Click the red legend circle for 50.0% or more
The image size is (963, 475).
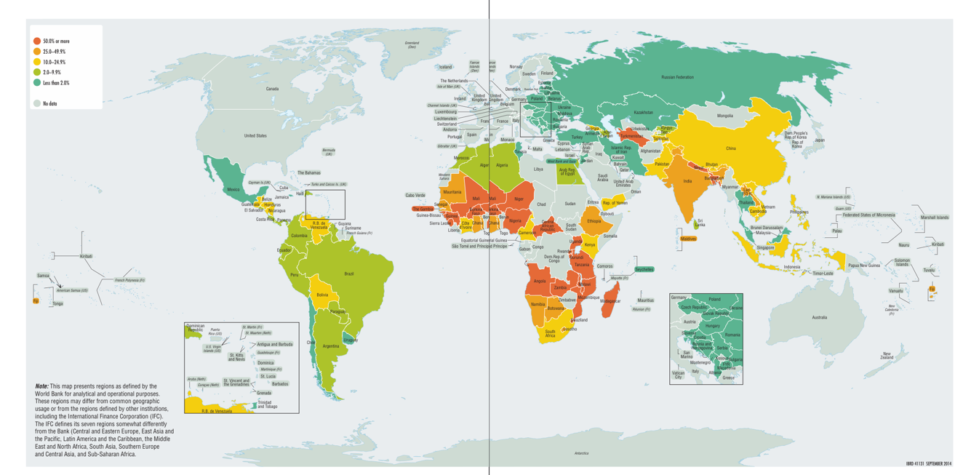(36, 41)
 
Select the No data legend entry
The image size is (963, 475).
(49, 104)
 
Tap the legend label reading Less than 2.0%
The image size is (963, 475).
(56, 83)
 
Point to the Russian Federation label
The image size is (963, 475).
(676, 77)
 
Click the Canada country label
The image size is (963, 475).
(272, 89)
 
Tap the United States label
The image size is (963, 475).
(255, 136)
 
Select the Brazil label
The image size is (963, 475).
(348, 274)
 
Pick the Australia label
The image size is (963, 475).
(819, 317)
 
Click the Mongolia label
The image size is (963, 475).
(724, 116)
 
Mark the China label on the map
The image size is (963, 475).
(730, 148)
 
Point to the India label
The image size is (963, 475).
(687, 181)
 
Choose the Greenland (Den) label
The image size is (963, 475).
(412, 45)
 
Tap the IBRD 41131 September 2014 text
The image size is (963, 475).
(928, 463)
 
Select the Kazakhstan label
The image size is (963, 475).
(643, 113)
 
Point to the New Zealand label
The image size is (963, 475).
(887, 356)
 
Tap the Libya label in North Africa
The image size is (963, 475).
(538, 169)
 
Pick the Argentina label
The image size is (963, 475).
(330, 346)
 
